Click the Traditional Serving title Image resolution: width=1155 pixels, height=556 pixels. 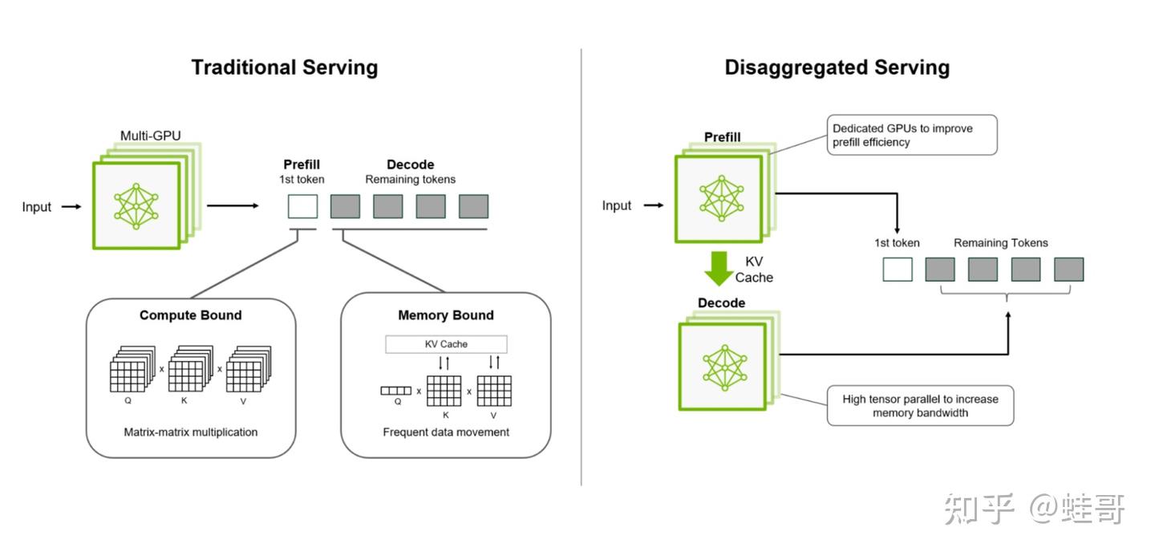[x=284, y=67]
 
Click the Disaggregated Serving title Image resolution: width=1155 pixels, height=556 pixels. [x=837, y=67]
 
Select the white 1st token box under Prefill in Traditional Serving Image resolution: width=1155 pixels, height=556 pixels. [x=302, y=206]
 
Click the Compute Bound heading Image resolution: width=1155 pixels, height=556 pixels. [x=190, y=315]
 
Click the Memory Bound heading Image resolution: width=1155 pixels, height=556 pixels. [x=446, y=315]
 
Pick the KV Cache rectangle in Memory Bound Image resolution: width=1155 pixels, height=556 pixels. [x=446, y=344]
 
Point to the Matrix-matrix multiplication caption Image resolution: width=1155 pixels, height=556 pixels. [x=191, y=432]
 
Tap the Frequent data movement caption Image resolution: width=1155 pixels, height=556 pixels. [x=446, y=432]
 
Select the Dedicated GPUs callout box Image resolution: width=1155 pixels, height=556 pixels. [x=913, y=135]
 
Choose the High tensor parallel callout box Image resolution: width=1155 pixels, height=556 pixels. [x=920, y=406]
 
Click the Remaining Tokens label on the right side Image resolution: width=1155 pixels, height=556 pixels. [x=1000, y=243]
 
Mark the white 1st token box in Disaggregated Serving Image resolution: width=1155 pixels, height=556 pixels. [x=898, y=270]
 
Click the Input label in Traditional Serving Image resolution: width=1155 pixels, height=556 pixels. [x=36, y=207]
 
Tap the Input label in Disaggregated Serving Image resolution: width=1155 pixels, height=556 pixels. [x=617, y=205]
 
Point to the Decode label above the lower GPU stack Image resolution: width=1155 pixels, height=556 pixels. [x=721, y=303]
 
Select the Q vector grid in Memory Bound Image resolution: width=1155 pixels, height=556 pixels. [x=395, y=391]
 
